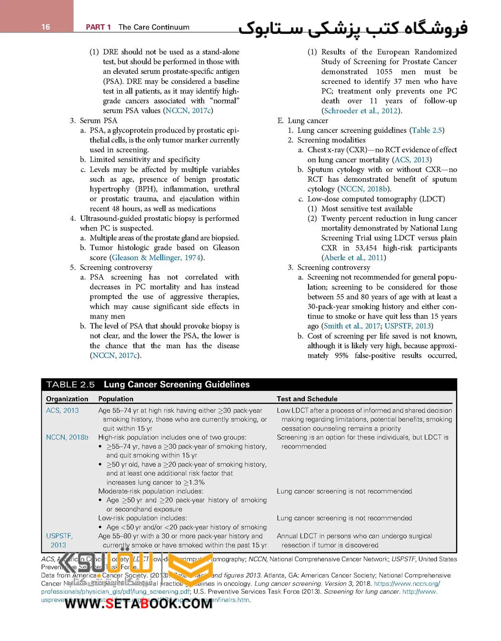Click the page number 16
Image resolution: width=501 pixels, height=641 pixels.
(46, 27)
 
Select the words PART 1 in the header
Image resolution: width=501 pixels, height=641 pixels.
(98, 27)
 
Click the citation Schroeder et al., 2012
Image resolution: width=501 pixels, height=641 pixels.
(361, 111)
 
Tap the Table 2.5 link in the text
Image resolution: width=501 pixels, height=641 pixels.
(427, 130)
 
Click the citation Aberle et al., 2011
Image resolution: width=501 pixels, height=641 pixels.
(353, 258)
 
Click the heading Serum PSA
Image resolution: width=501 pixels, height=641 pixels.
(98, 121)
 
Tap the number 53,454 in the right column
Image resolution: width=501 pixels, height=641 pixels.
(366, 248)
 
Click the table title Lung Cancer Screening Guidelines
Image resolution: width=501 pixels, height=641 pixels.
(176, 385)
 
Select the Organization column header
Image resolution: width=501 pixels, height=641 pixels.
(67, 399)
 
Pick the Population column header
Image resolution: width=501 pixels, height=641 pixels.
(116, 399)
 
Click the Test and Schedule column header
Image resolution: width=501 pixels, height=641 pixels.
(307, 399)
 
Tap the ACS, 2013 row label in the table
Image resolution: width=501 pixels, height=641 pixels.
(62, 411)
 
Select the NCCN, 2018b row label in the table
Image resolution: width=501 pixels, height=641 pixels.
(67, 437)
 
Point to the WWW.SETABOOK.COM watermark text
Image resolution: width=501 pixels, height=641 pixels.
(138, 604)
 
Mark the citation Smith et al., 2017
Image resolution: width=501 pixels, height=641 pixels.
(352, 326)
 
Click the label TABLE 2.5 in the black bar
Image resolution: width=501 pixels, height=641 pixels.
(70, 385)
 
